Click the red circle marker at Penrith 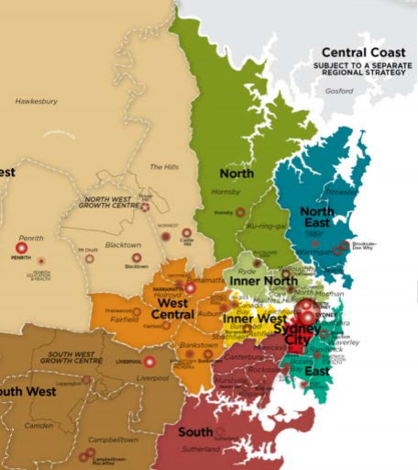21,248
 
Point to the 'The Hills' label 162,167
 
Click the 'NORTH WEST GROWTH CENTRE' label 116,202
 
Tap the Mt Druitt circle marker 90,258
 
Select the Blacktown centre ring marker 124,258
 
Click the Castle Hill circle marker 186,233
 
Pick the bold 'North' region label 236,173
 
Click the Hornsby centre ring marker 240,212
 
